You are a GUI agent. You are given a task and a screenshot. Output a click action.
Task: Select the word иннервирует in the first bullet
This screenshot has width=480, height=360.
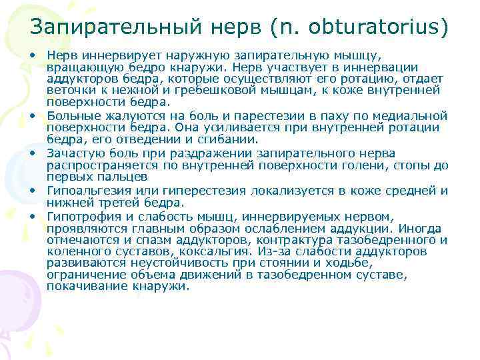[x=107, y=56]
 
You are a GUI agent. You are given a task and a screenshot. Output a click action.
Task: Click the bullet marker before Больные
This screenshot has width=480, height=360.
[x=32, y=115]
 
